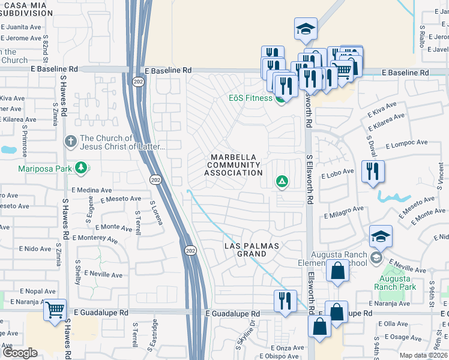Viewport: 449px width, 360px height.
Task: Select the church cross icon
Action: pos(70,142)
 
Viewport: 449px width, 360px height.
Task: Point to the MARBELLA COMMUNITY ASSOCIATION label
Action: pos(233,165)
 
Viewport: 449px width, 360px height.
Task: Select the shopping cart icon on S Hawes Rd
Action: pos(55,311)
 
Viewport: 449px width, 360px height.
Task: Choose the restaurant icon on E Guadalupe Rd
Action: pos(285,300)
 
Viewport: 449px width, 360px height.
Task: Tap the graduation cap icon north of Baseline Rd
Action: pos(306,28)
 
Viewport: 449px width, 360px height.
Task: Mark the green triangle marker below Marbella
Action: pos(281,181)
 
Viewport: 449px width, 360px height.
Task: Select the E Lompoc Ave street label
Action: pos(406,145)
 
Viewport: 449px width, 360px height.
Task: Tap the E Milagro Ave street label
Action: pos(344,211)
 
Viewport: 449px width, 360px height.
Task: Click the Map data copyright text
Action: pos(423,355)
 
